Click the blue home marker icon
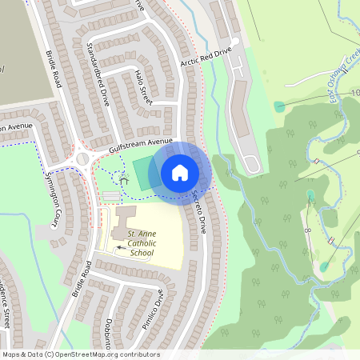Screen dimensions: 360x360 click(x=180, y=172)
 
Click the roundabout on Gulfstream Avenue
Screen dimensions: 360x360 click(x=83, y=156)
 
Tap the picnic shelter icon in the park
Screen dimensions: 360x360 click(x=124, y=181)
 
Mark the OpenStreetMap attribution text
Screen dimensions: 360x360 click(x=80, y=354)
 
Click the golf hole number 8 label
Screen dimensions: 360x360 click(x=307, y=230)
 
